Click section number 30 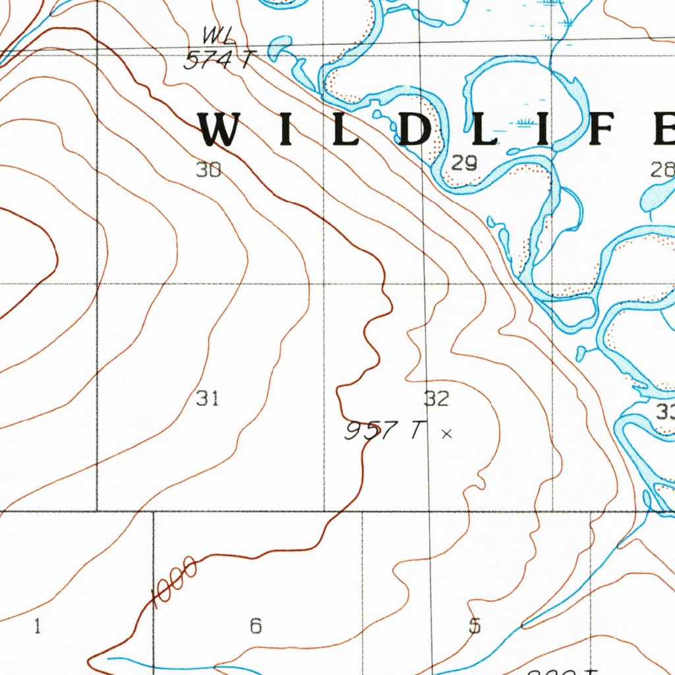(208, 170)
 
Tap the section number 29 (464, 163)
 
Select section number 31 (207, 398)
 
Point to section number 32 (436, 398)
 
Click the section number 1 (37, 627)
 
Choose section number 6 (256, 626)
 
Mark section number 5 (475, 626)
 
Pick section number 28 (662, 170)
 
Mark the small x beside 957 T (447, 434)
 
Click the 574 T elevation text (218, 61)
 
